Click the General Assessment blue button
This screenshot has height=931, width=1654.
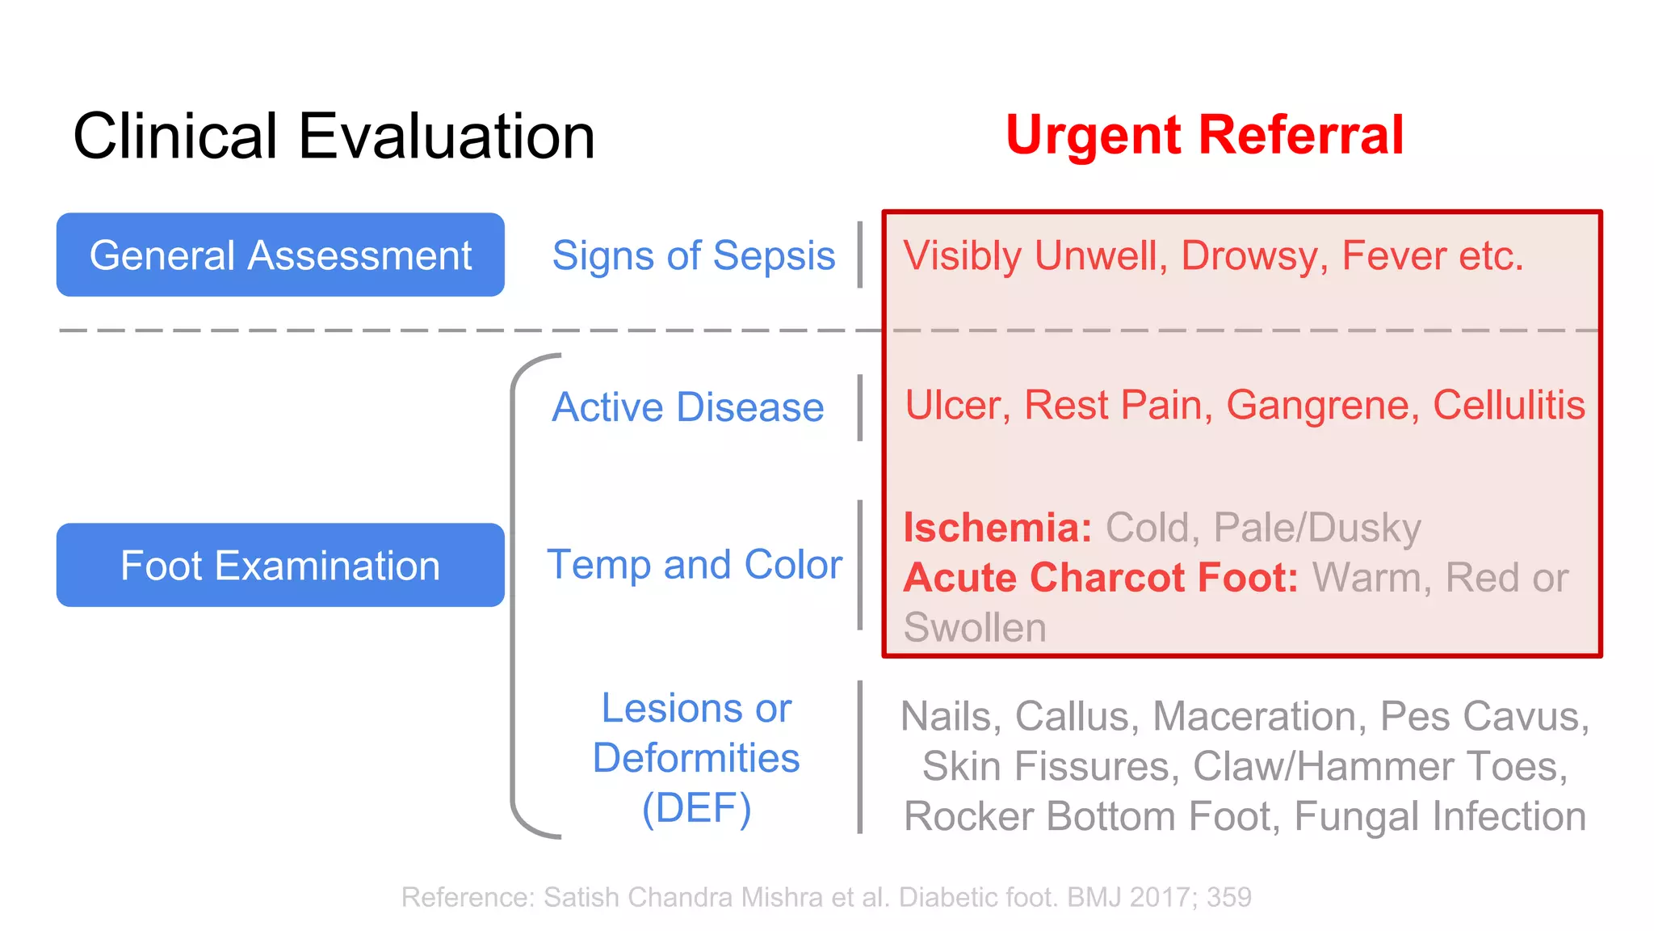click(x=280, y=255)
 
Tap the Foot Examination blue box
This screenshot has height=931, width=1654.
click(x=280, y=565)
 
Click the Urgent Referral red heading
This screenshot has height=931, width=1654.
click(x=1204, y=135)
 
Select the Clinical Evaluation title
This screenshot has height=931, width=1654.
click(x=334, y=136)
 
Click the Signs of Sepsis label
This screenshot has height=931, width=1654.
click(x=693, y=256)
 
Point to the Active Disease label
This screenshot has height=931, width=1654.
click(x=687, y=407)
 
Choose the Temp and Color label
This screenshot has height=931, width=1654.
click(x=695, y=564)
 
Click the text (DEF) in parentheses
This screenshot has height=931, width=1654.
click(x=696, y=808)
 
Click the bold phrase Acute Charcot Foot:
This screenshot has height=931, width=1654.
click(x=1101, y=578)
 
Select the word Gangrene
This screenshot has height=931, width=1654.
click(x=1322, y=406)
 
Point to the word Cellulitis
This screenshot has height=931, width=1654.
click(x=1509, y=406)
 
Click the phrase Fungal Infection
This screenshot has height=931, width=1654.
click(x=1440, y=816)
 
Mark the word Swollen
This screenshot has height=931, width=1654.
click(x=975, y=628)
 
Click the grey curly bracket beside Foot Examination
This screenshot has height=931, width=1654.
click(x=514, y=596)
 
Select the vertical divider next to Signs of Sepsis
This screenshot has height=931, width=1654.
click(x=860, y=255)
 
